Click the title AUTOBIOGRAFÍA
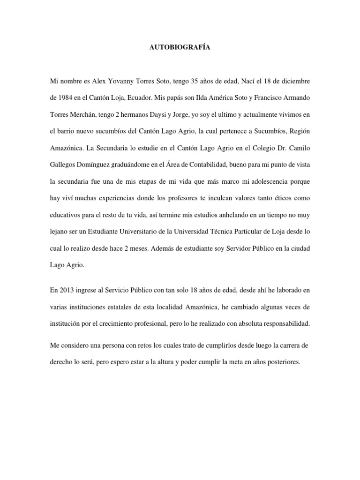(x=180, y=47)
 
